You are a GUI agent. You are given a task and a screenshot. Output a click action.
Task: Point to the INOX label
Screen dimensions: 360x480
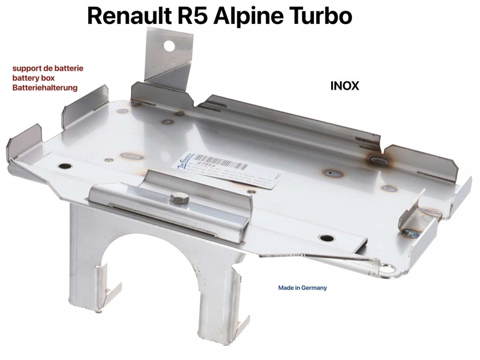click(x=345, y=86)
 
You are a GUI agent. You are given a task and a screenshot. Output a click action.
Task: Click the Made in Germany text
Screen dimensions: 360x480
click(x=302, y=288)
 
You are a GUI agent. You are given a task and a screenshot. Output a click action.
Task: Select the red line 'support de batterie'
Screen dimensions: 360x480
click(x=48, y=68)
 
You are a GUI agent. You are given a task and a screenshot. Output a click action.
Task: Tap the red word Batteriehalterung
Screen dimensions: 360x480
click(x=45, y=88)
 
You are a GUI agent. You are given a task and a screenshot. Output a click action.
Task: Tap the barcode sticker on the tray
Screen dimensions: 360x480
click(x=226, y=170)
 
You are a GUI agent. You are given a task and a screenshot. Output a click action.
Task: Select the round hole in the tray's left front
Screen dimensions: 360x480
click(x=63, y=166)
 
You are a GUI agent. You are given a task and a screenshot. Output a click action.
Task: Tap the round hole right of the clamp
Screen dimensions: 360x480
click(x=328, y=238)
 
